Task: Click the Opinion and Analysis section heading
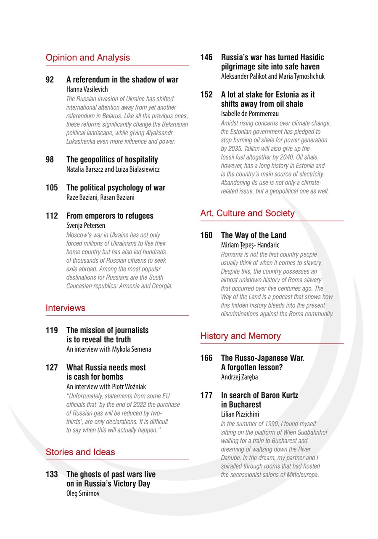coord(87,58)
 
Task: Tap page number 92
coord(50,80)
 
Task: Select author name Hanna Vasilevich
coord(87,89)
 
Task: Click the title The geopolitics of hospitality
coord(112,160)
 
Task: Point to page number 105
coord(52,188)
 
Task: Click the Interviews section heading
coord(65,308)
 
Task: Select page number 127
coord(52,368)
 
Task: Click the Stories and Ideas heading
coord(80,452)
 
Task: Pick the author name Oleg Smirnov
coord(83,494)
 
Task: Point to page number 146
coord(206,57)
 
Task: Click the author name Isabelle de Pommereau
coord(250,114)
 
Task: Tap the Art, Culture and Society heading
coord(247,213)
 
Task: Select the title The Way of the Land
coord(254,235)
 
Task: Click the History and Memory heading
coord(240,336)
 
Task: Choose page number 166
coord(206,358)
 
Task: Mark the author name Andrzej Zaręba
coord(239,377)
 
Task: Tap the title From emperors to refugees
coord(110,216)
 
